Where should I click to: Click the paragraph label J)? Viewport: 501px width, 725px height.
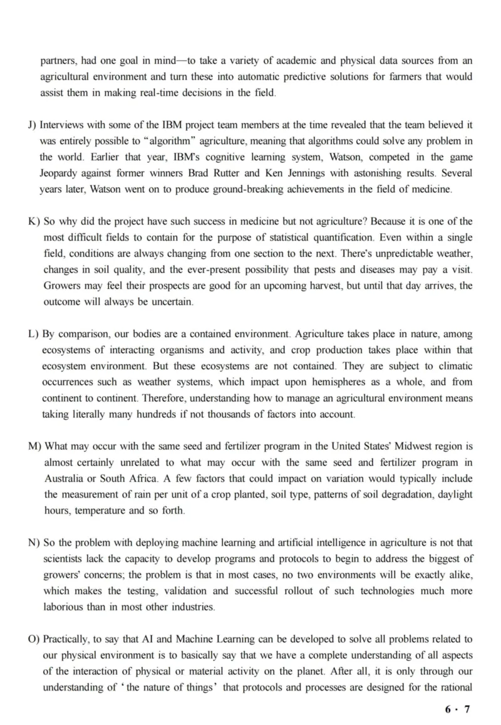point(33,125)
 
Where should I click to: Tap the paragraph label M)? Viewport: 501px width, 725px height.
point(35,446)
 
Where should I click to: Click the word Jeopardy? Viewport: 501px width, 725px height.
point(61,173)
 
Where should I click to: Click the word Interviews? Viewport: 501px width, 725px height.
point(66,125)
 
